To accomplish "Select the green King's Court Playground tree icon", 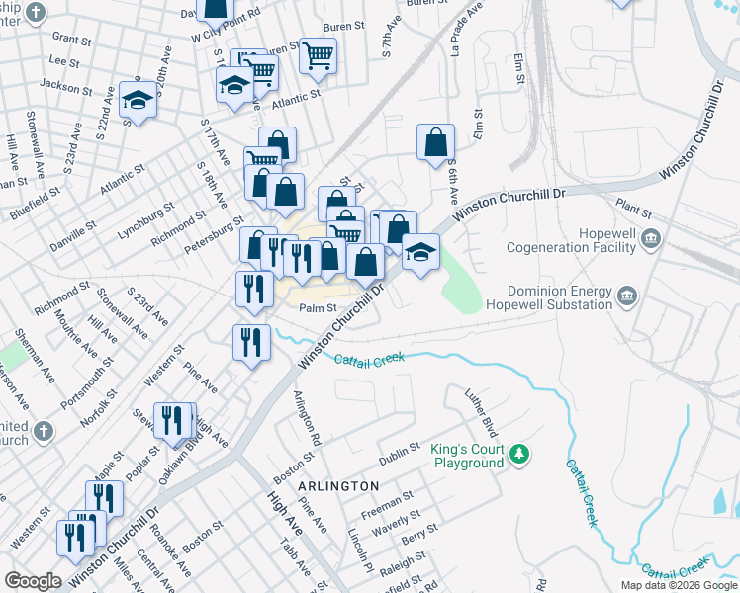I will (518, 456).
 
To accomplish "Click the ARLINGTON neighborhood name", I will (338, 486).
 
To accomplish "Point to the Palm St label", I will (319, 307).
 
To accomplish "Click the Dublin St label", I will (401, 459).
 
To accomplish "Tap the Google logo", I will (33, 581).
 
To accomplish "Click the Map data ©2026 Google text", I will (678, 585).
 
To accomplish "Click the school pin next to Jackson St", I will (138, 99).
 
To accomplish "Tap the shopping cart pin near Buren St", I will (318, 56).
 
